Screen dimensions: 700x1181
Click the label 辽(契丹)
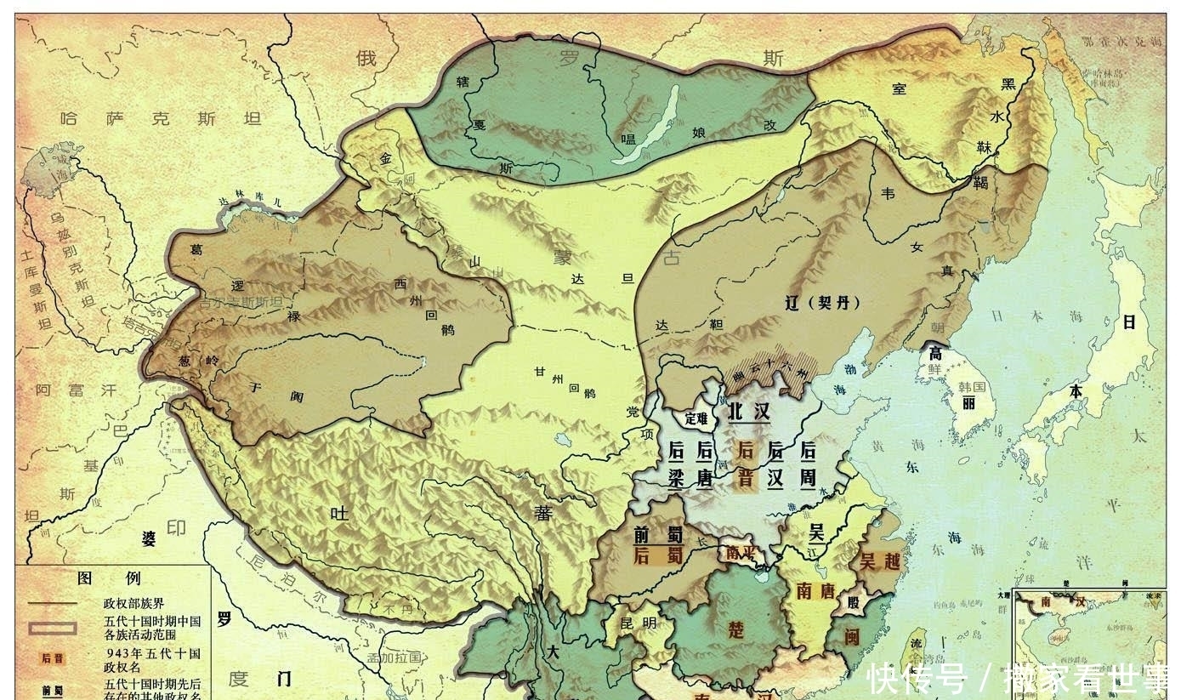point(823,302)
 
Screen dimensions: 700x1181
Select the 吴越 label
point(880,561)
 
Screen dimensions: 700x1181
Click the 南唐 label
point(816,591)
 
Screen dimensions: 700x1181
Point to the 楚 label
point(736,629)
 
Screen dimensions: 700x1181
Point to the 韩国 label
point(971,387)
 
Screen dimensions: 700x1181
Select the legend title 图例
point(109,578)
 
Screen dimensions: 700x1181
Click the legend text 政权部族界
point(133,603)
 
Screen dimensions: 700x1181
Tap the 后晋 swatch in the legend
point(53,657)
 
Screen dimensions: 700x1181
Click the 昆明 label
point(639,623)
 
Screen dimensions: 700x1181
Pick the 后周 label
point(807,464)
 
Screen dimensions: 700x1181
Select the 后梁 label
point(677,464)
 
